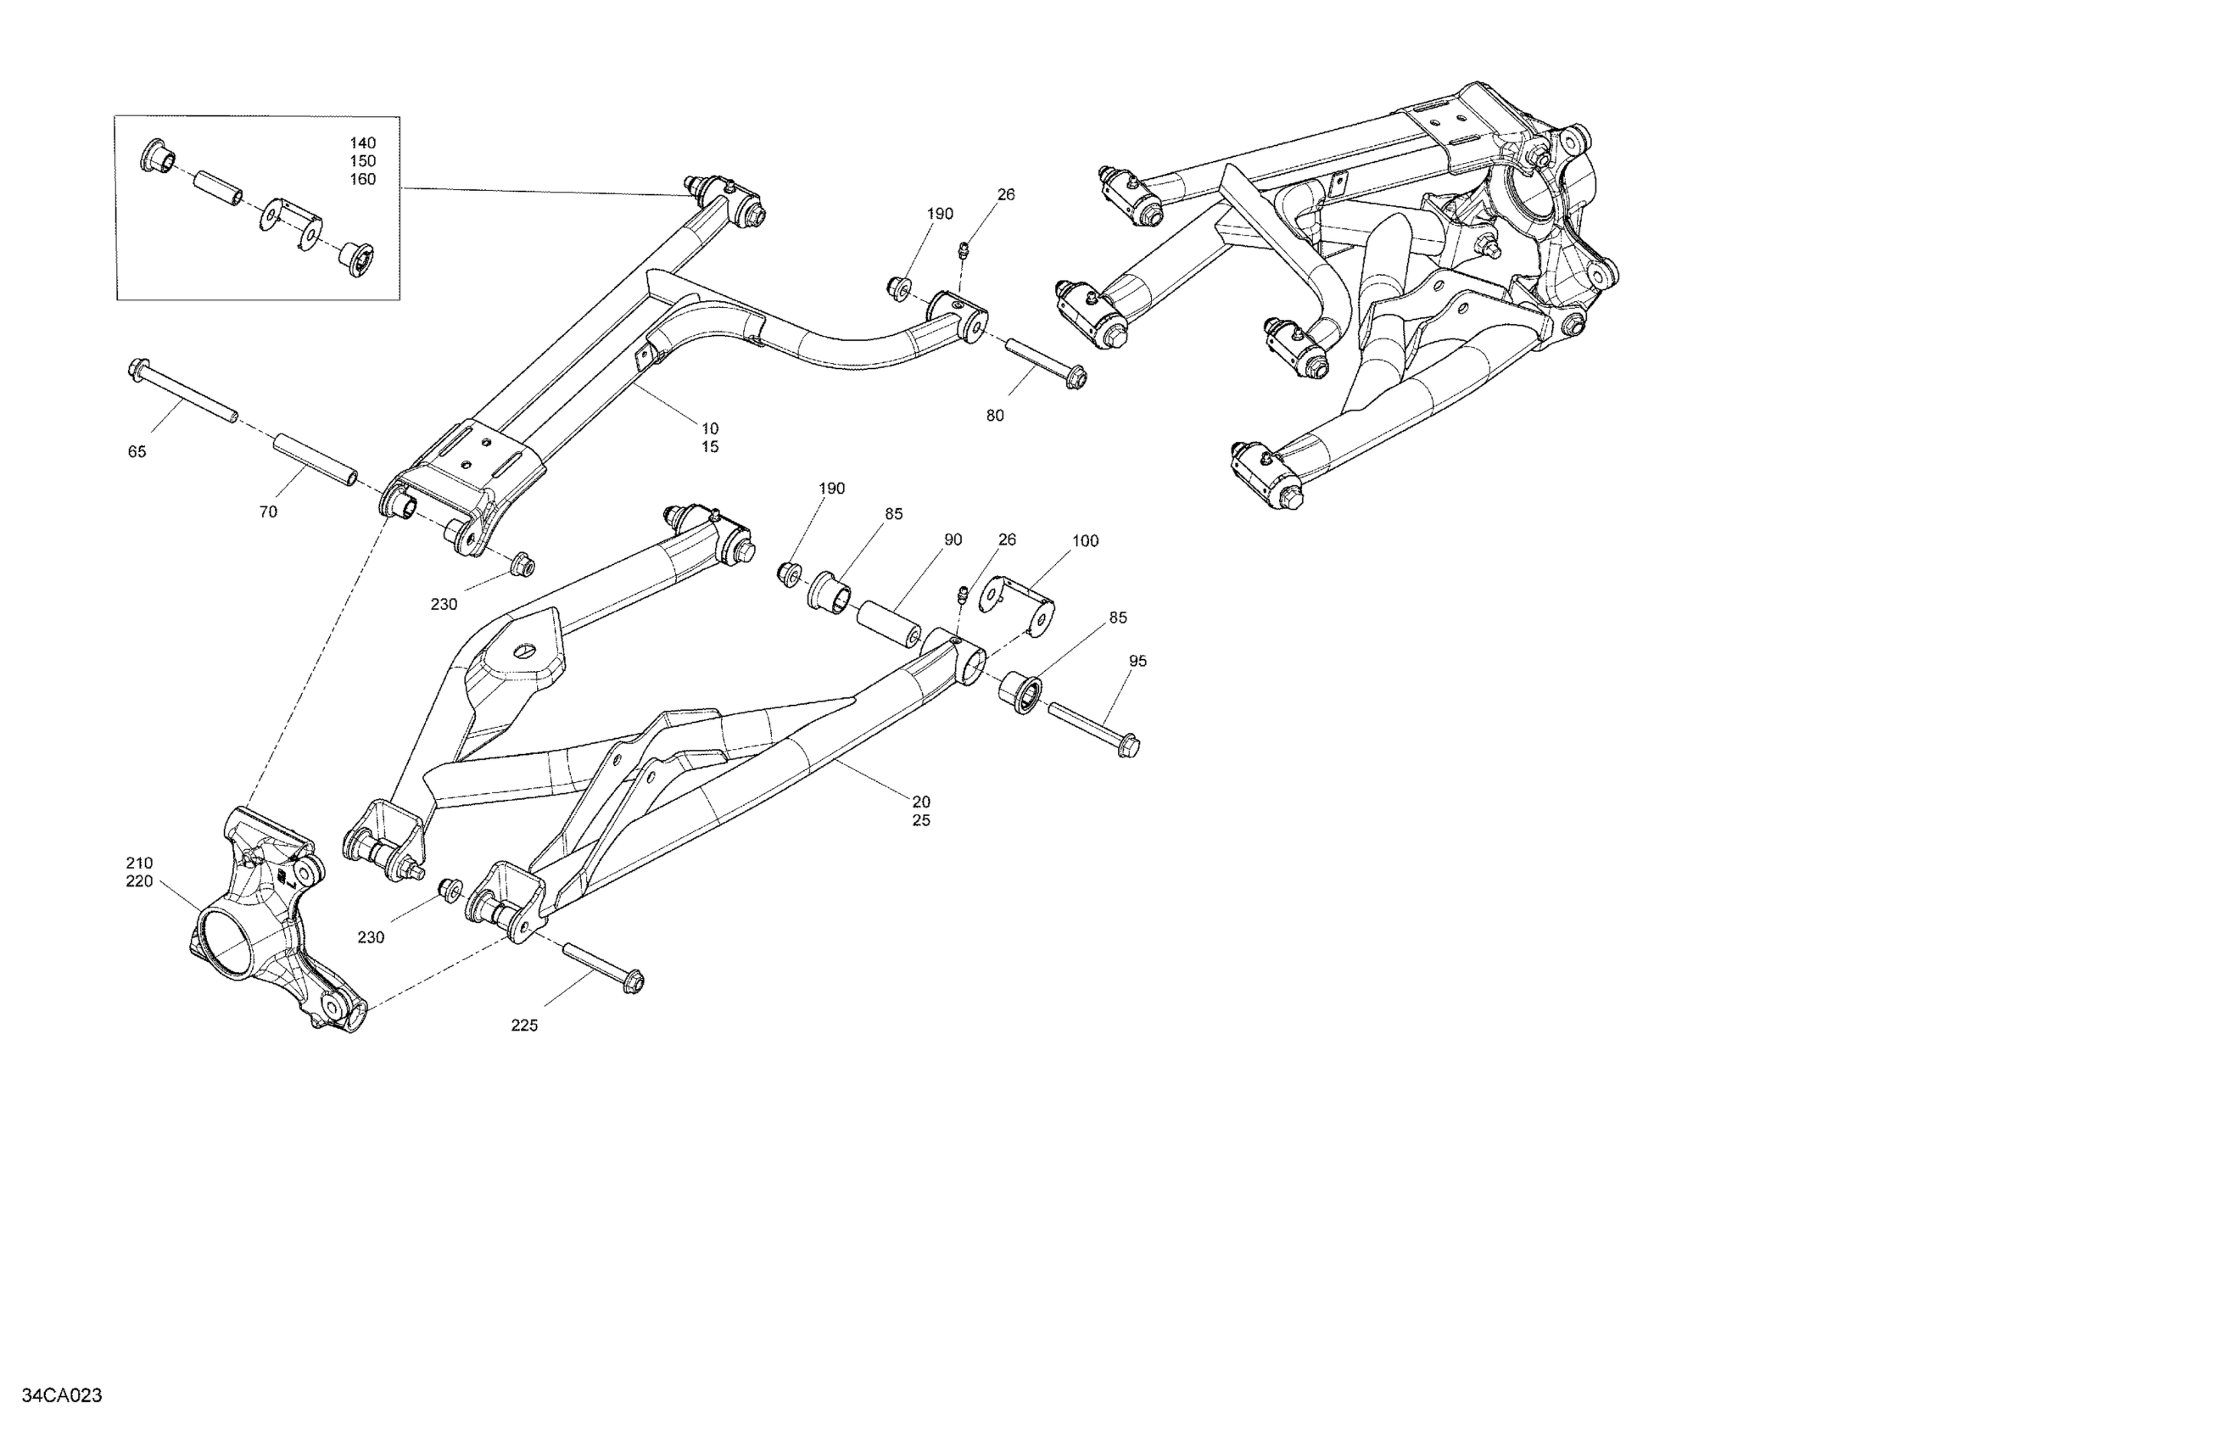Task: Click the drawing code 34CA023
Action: (62, 1395)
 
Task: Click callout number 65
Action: (137, 452)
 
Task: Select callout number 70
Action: (268, 512)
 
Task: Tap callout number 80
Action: (995, 416)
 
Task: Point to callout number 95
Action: (1137, 662)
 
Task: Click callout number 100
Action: (1085, 541)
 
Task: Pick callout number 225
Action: (524, 1026)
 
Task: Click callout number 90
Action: (953, 540)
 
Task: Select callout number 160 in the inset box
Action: (362, 180)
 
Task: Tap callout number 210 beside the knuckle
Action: (139, 864)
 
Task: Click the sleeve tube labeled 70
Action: (315, 457)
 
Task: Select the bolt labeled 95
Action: (1093, 726)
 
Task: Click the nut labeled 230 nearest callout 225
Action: (451, 888)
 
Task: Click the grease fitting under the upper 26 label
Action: (964, 249)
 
